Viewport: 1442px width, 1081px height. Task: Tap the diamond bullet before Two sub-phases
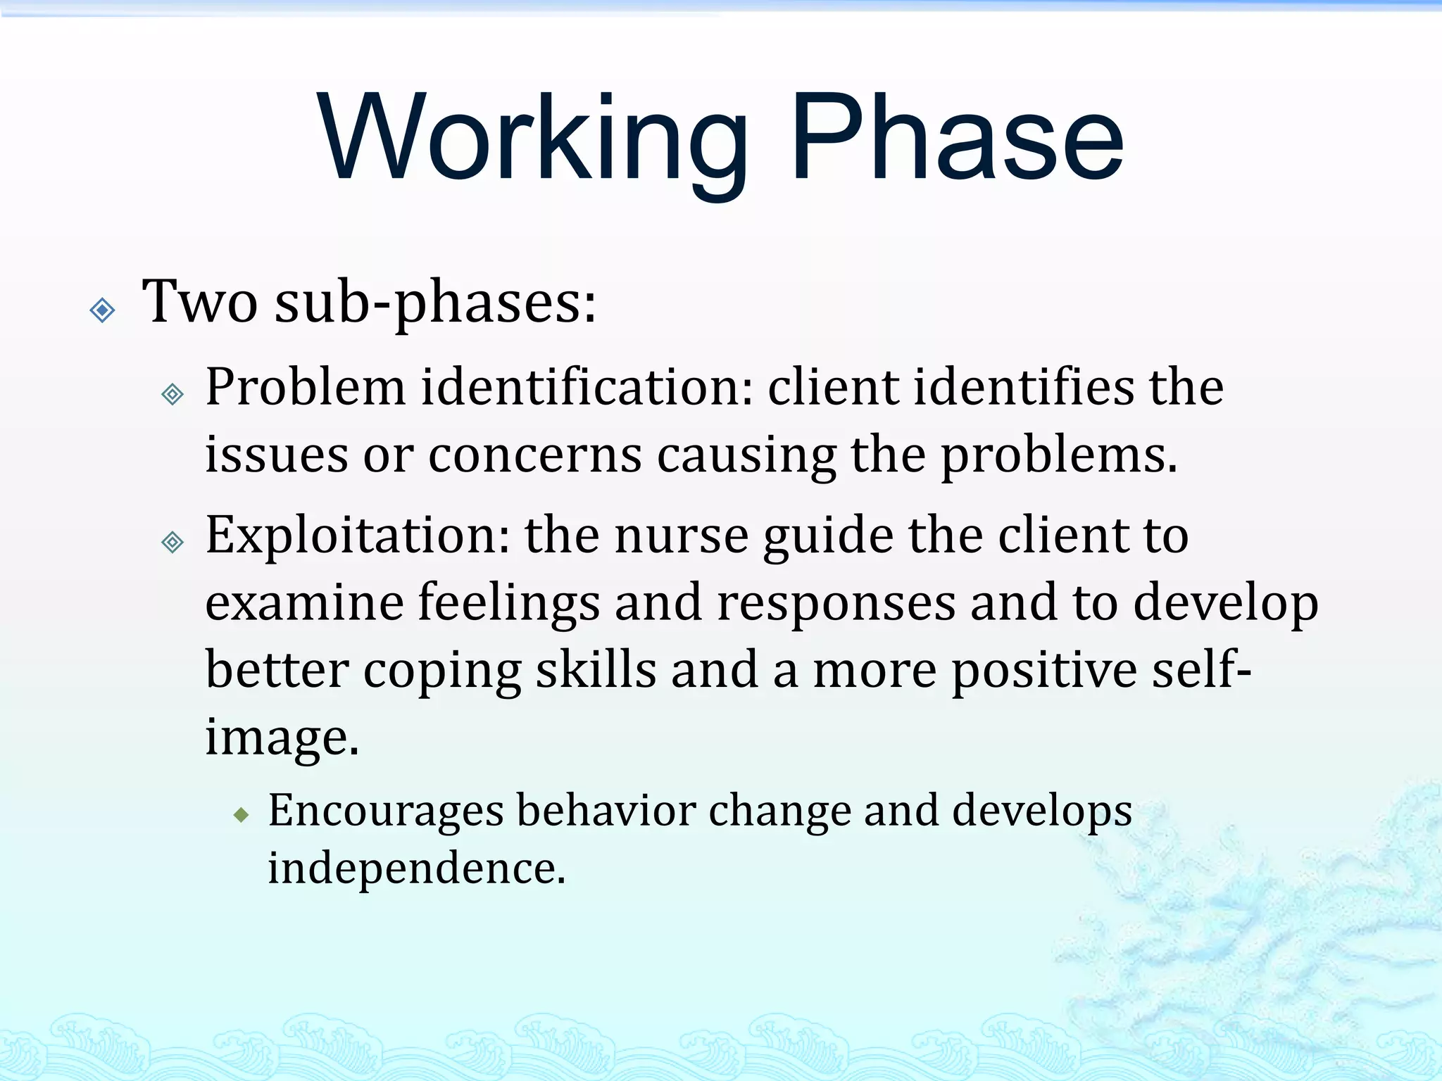coord(103,310)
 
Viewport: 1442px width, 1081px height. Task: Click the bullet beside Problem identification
coord(173,394)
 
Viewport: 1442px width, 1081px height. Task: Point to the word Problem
coord(306,388)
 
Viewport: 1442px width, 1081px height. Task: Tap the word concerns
coord(535,456)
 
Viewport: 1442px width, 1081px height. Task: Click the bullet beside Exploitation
coord(173,542)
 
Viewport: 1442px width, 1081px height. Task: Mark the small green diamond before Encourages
coord(242,815)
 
